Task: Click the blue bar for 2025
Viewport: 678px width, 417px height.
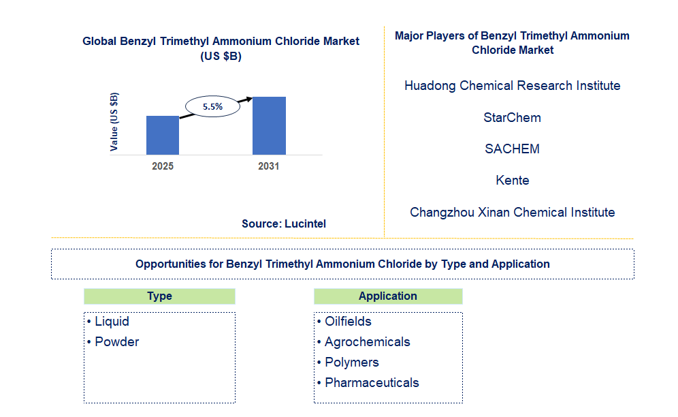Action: pos(163,135)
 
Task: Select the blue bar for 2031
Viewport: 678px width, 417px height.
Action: pos(269,125)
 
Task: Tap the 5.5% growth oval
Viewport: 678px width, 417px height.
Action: pos(213,106)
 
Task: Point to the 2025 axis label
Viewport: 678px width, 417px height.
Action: pos(163,166)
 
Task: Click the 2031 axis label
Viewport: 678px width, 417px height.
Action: pos(268,166)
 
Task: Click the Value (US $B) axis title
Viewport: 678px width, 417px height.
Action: pos(114,121)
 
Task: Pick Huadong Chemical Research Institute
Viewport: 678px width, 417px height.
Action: pos(512,86)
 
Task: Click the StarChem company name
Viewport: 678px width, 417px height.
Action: pos(512,117)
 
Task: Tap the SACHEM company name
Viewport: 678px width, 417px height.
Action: pos(512,149)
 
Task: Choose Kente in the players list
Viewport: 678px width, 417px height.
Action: pos(512,181)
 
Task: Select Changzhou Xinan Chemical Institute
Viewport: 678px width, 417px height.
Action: pos(512,212)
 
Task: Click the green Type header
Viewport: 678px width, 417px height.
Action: pos(159,296)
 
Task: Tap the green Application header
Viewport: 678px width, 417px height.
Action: pos(387,296)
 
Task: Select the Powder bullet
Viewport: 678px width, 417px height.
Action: pos(116,342)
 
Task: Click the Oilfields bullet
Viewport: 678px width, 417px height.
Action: pos(348,322)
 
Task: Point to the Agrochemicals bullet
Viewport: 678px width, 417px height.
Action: pos(367,342)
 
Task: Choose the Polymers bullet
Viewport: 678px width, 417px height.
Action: pos(351,362)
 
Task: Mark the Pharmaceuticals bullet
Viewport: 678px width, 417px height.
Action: pos(372,383)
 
